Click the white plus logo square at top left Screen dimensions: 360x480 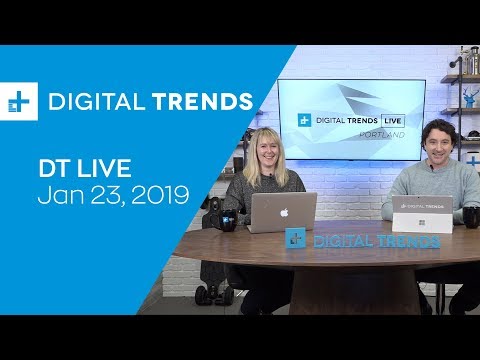[19, 102]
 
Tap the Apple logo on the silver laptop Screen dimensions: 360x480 [283, 211]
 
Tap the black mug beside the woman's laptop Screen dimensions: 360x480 [229, 218]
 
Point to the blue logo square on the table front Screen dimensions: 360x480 [294, 238]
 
